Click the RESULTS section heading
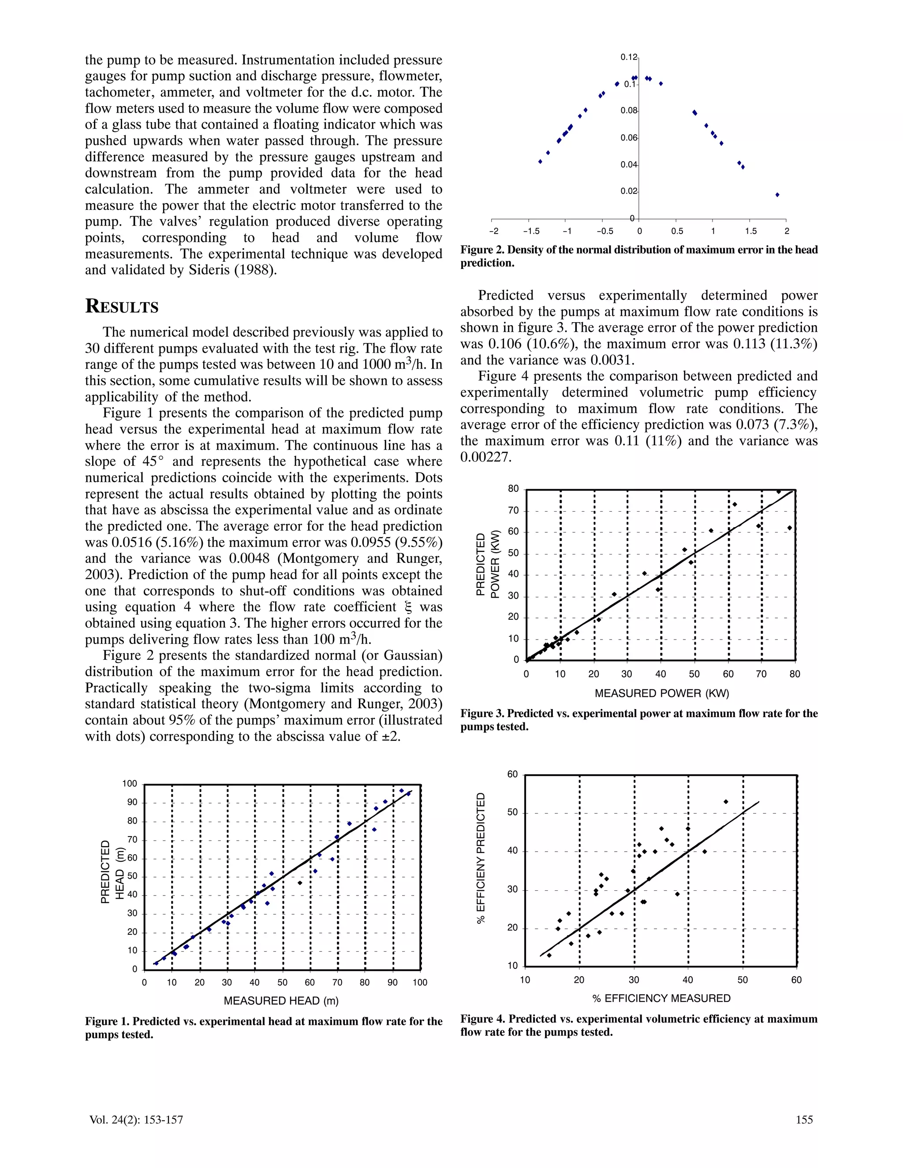coord(122,306)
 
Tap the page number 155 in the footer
coord(804,1120)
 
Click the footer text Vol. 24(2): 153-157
coord(136,1120)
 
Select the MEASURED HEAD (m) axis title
coord(281,1001)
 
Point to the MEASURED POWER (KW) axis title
coord(662,693)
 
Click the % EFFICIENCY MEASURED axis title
coord(661,998)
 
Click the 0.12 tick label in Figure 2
coord(629,57)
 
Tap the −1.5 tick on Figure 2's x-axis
coord(531,231)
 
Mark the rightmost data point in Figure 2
coord(777,195)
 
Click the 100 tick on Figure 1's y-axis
coord(130,784)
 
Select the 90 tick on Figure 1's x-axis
coord(393,982)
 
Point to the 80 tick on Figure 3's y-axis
coord(513,489)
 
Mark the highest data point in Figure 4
coord(726,802)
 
